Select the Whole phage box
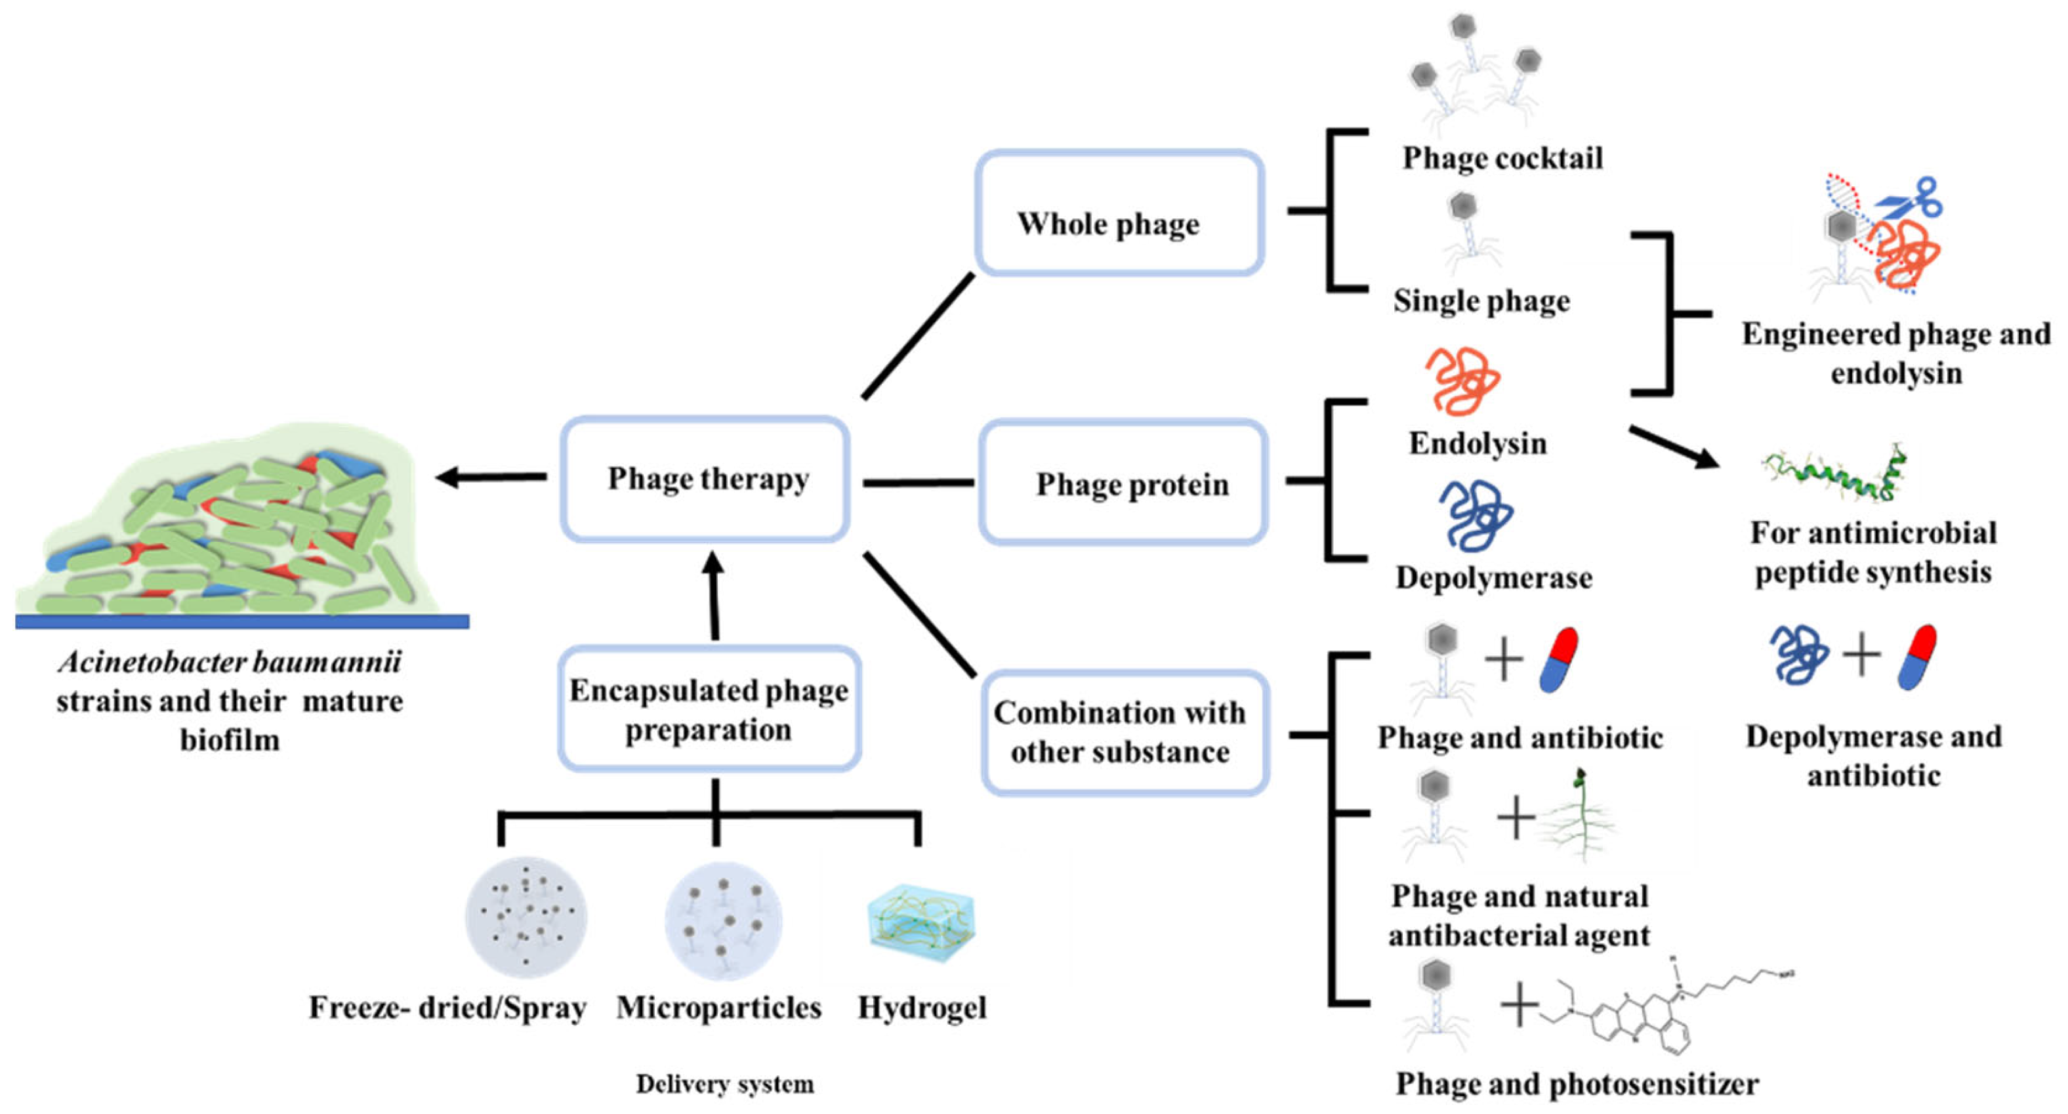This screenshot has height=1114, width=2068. [x=1119, y=213]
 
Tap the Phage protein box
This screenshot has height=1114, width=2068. [x=1123, y=482]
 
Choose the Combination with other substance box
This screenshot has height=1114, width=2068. [x=1124, y=733]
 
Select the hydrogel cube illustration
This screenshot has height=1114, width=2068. [x=922, y=923]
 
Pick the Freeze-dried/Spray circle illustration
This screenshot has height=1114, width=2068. [x=526, y=917]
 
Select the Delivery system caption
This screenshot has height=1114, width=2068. [x=724, y=1084]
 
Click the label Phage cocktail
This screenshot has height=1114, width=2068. [x=1502, y=158]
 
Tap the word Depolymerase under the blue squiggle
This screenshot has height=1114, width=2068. [x=1493, y=578]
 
